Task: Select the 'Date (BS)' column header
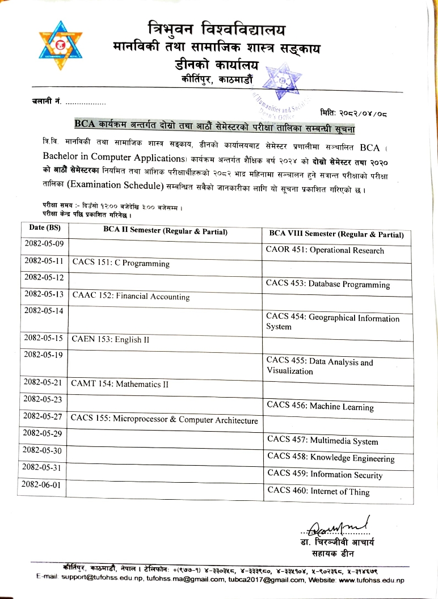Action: (44, 229)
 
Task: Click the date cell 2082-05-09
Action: (44, 244)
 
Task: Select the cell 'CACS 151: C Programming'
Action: (120, 263)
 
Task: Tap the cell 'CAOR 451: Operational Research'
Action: (325, 250)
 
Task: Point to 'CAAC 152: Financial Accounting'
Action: (130, 297)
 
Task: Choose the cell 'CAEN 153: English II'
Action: (110, 340)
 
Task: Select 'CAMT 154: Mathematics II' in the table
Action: (120, 384)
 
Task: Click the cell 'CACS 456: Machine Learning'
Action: (320, 407)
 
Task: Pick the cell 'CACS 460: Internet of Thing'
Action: (318, 492)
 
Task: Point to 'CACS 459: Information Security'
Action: (325, 475)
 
